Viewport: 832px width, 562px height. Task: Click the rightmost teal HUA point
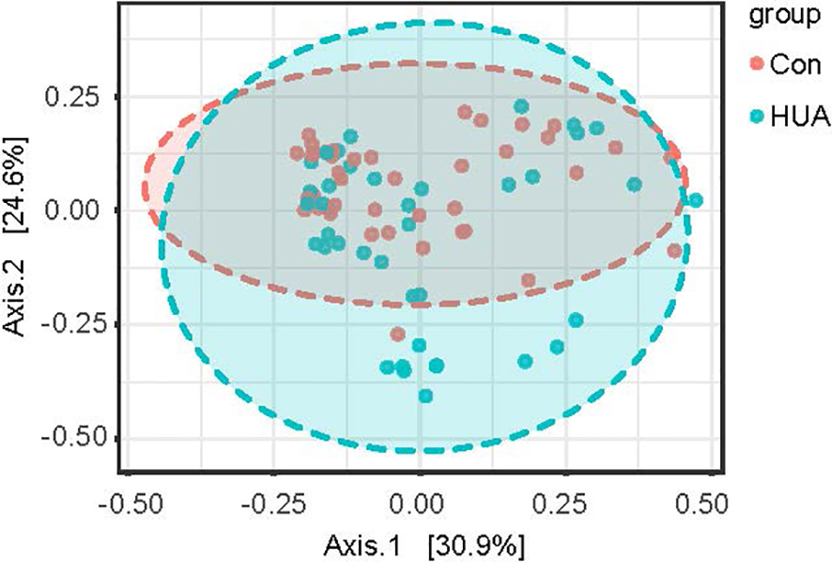pyautogui.click(x=696, y=200)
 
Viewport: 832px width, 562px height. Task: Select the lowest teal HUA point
pyautogui.click(x=425, y=396)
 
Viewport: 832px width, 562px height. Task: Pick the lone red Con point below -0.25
pyautogui.click(x=397, y=334)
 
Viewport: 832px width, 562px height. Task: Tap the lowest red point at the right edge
pyautogui.click(x=674, y=250)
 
